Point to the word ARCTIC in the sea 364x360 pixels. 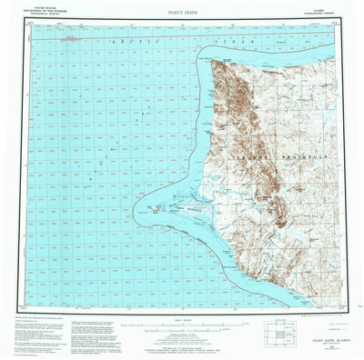(x=119, y=43)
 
